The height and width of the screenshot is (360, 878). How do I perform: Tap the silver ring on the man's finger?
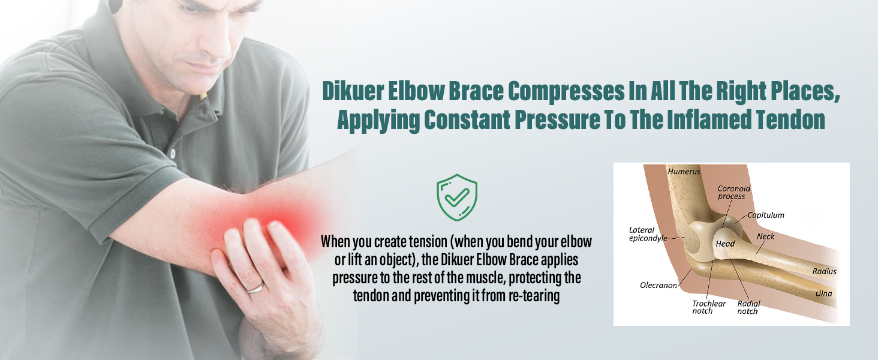coord(255,289)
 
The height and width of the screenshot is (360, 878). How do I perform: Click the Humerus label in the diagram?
coord(684,172)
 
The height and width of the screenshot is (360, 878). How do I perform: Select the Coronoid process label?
coord(734,193)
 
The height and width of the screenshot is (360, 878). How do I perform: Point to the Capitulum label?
coord(766,215)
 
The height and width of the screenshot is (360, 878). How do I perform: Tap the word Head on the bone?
coord(725,244)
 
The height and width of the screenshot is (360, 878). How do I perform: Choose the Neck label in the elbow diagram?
coord(765,236)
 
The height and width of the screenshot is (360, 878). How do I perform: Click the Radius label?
coord(824,271)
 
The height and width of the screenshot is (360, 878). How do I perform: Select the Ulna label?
coord(823,293)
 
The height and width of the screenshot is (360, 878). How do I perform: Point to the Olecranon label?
coord(659,285)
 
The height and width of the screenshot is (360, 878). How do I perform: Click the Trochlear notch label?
coord(709,307)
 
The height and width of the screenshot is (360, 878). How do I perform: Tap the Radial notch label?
coord(748,307)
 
